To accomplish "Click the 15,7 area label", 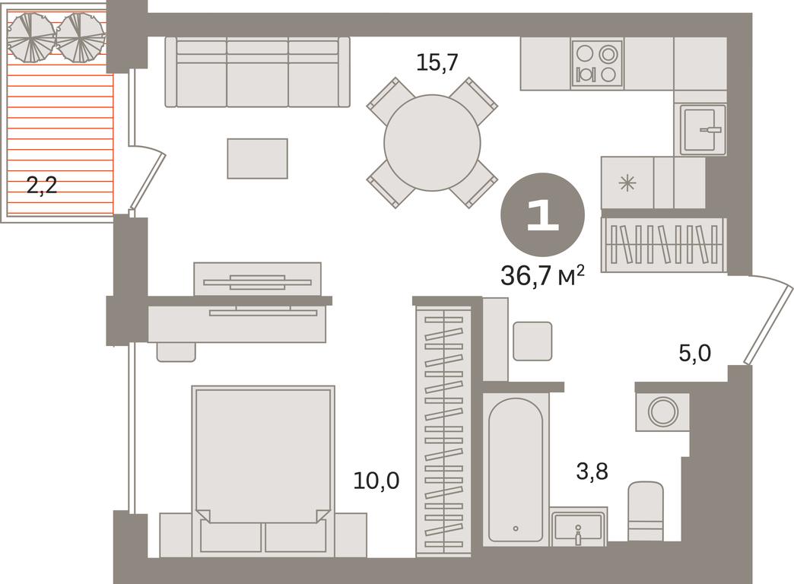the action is point(437,63).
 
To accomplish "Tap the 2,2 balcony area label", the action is point(42,186).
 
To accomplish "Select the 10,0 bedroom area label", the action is point(376,480).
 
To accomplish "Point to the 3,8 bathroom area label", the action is point(592,471).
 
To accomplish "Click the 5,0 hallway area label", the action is point(695,353).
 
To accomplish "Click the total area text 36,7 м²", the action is point(542,275).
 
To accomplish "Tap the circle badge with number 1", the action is point(543,214).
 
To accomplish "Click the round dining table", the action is point(432,143).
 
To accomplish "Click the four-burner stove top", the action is point(596,63).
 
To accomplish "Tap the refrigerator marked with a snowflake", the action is point(627,182).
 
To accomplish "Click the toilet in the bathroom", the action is point(646,511).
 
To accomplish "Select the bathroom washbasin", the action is point(578,527).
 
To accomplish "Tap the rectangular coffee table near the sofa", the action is point(257,158).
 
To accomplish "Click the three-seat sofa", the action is point(257,72).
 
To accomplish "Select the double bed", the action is point(263,471).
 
